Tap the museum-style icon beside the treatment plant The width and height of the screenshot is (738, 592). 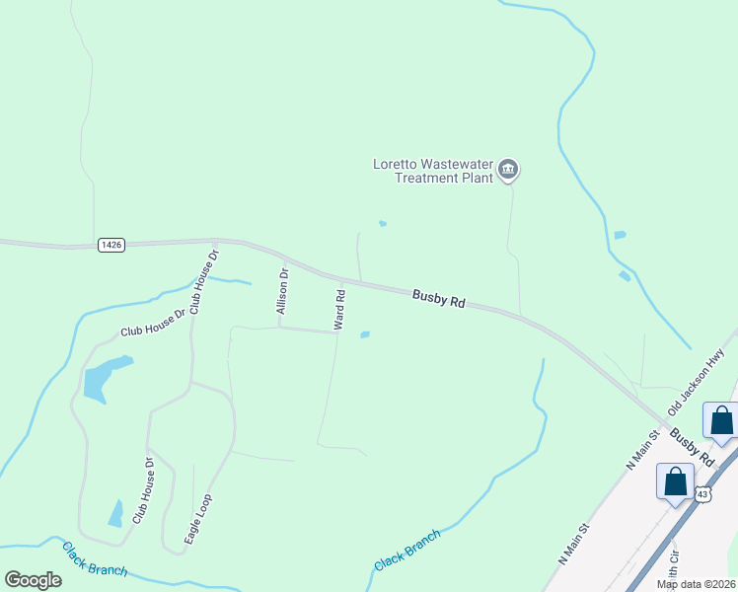[x=508, y=171]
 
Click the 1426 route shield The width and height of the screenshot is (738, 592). [x=111, y=244]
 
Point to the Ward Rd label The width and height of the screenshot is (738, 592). [x=339, y=309]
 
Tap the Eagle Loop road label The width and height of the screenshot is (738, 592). [x=198, y=519]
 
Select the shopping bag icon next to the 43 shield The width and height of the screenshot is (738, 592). [x=676, y=483]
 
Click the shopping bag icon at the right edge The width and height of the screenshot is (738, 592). [x=721, y=420]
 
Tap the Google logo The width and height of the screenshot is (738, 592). [x=33, y=579]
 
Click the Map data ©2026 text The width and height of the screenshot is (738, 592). [x=696, y=584]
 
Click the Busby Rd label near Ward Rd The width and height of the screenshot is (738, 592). [x=438, y=298]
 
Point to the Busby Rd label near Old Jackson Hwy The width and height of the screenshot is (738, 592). [x=691, y=447]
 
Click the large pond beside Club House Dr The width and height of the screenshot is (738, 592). [x=102, y=378]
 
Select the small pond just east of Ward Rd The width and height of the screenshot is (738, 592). [x=364, y=334]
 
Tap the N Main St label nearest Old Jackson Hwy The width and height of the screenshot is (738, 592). [x=641, y=449]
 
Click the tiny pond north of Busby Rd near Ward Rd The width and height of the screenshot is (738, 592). [x=383, y=223]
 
